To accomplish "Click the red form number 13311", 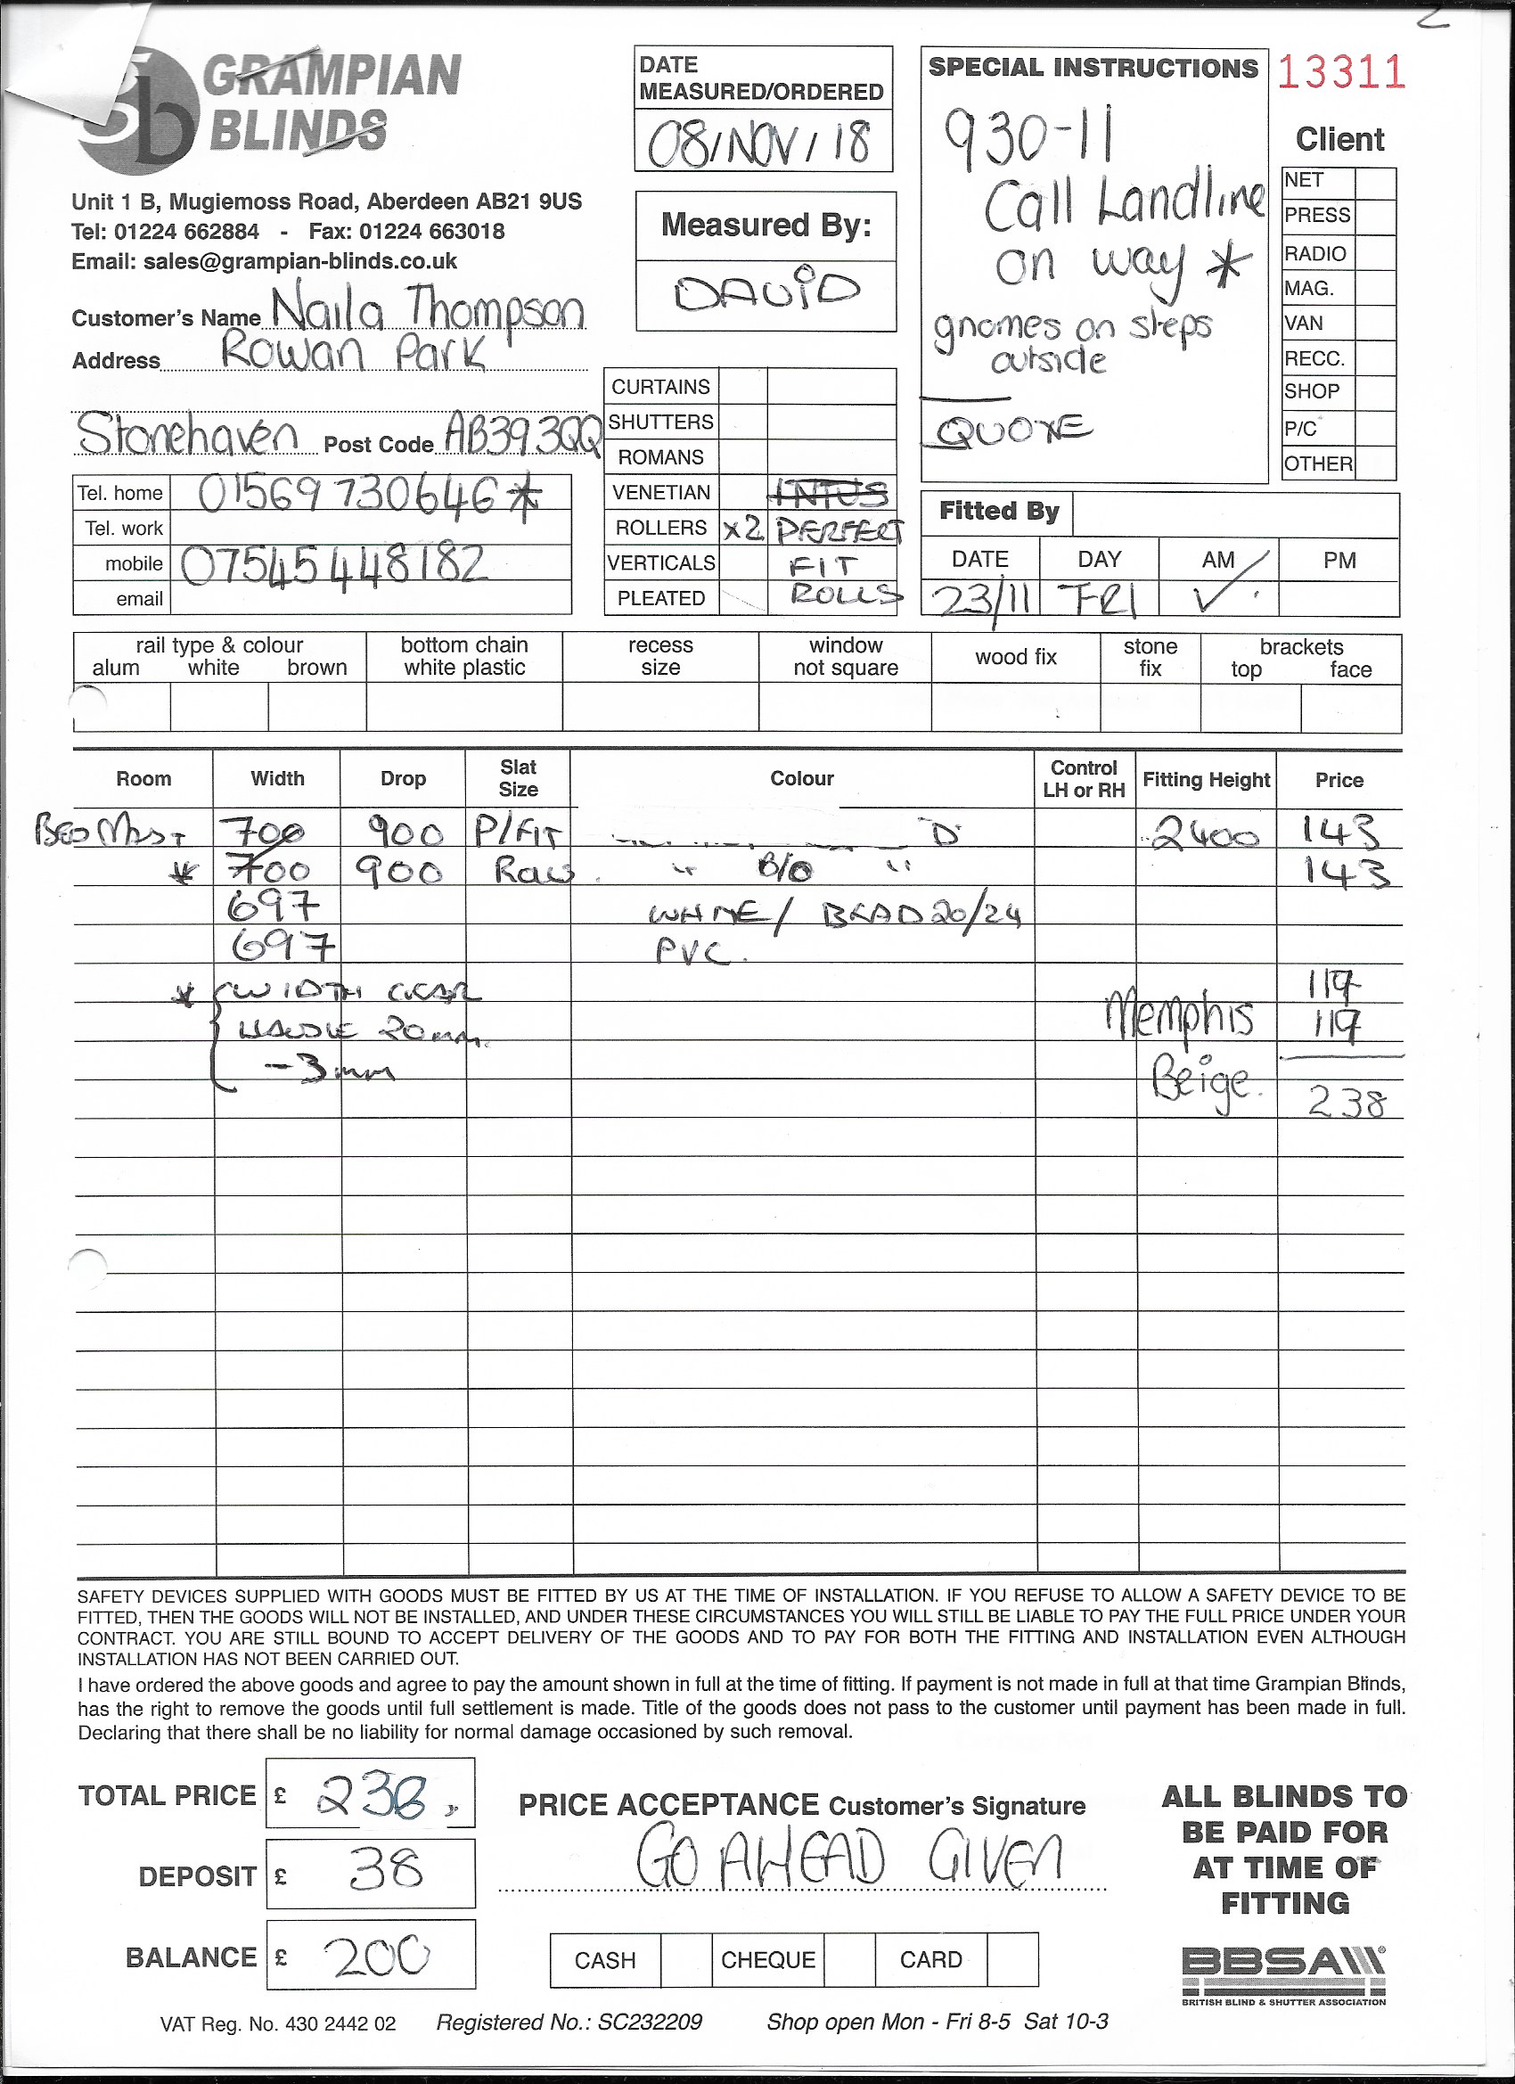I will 1340,72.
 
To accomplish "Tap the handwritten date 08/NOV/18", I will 760,144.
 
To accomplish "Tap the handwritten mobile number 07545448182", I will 333,564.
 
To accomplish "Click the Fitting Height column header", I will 1206,780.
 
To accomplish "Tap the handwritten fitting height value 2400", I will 1204,835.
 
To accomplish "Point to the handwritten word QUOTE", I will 1011,429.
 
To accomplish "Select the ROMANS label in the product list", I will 660,456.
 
